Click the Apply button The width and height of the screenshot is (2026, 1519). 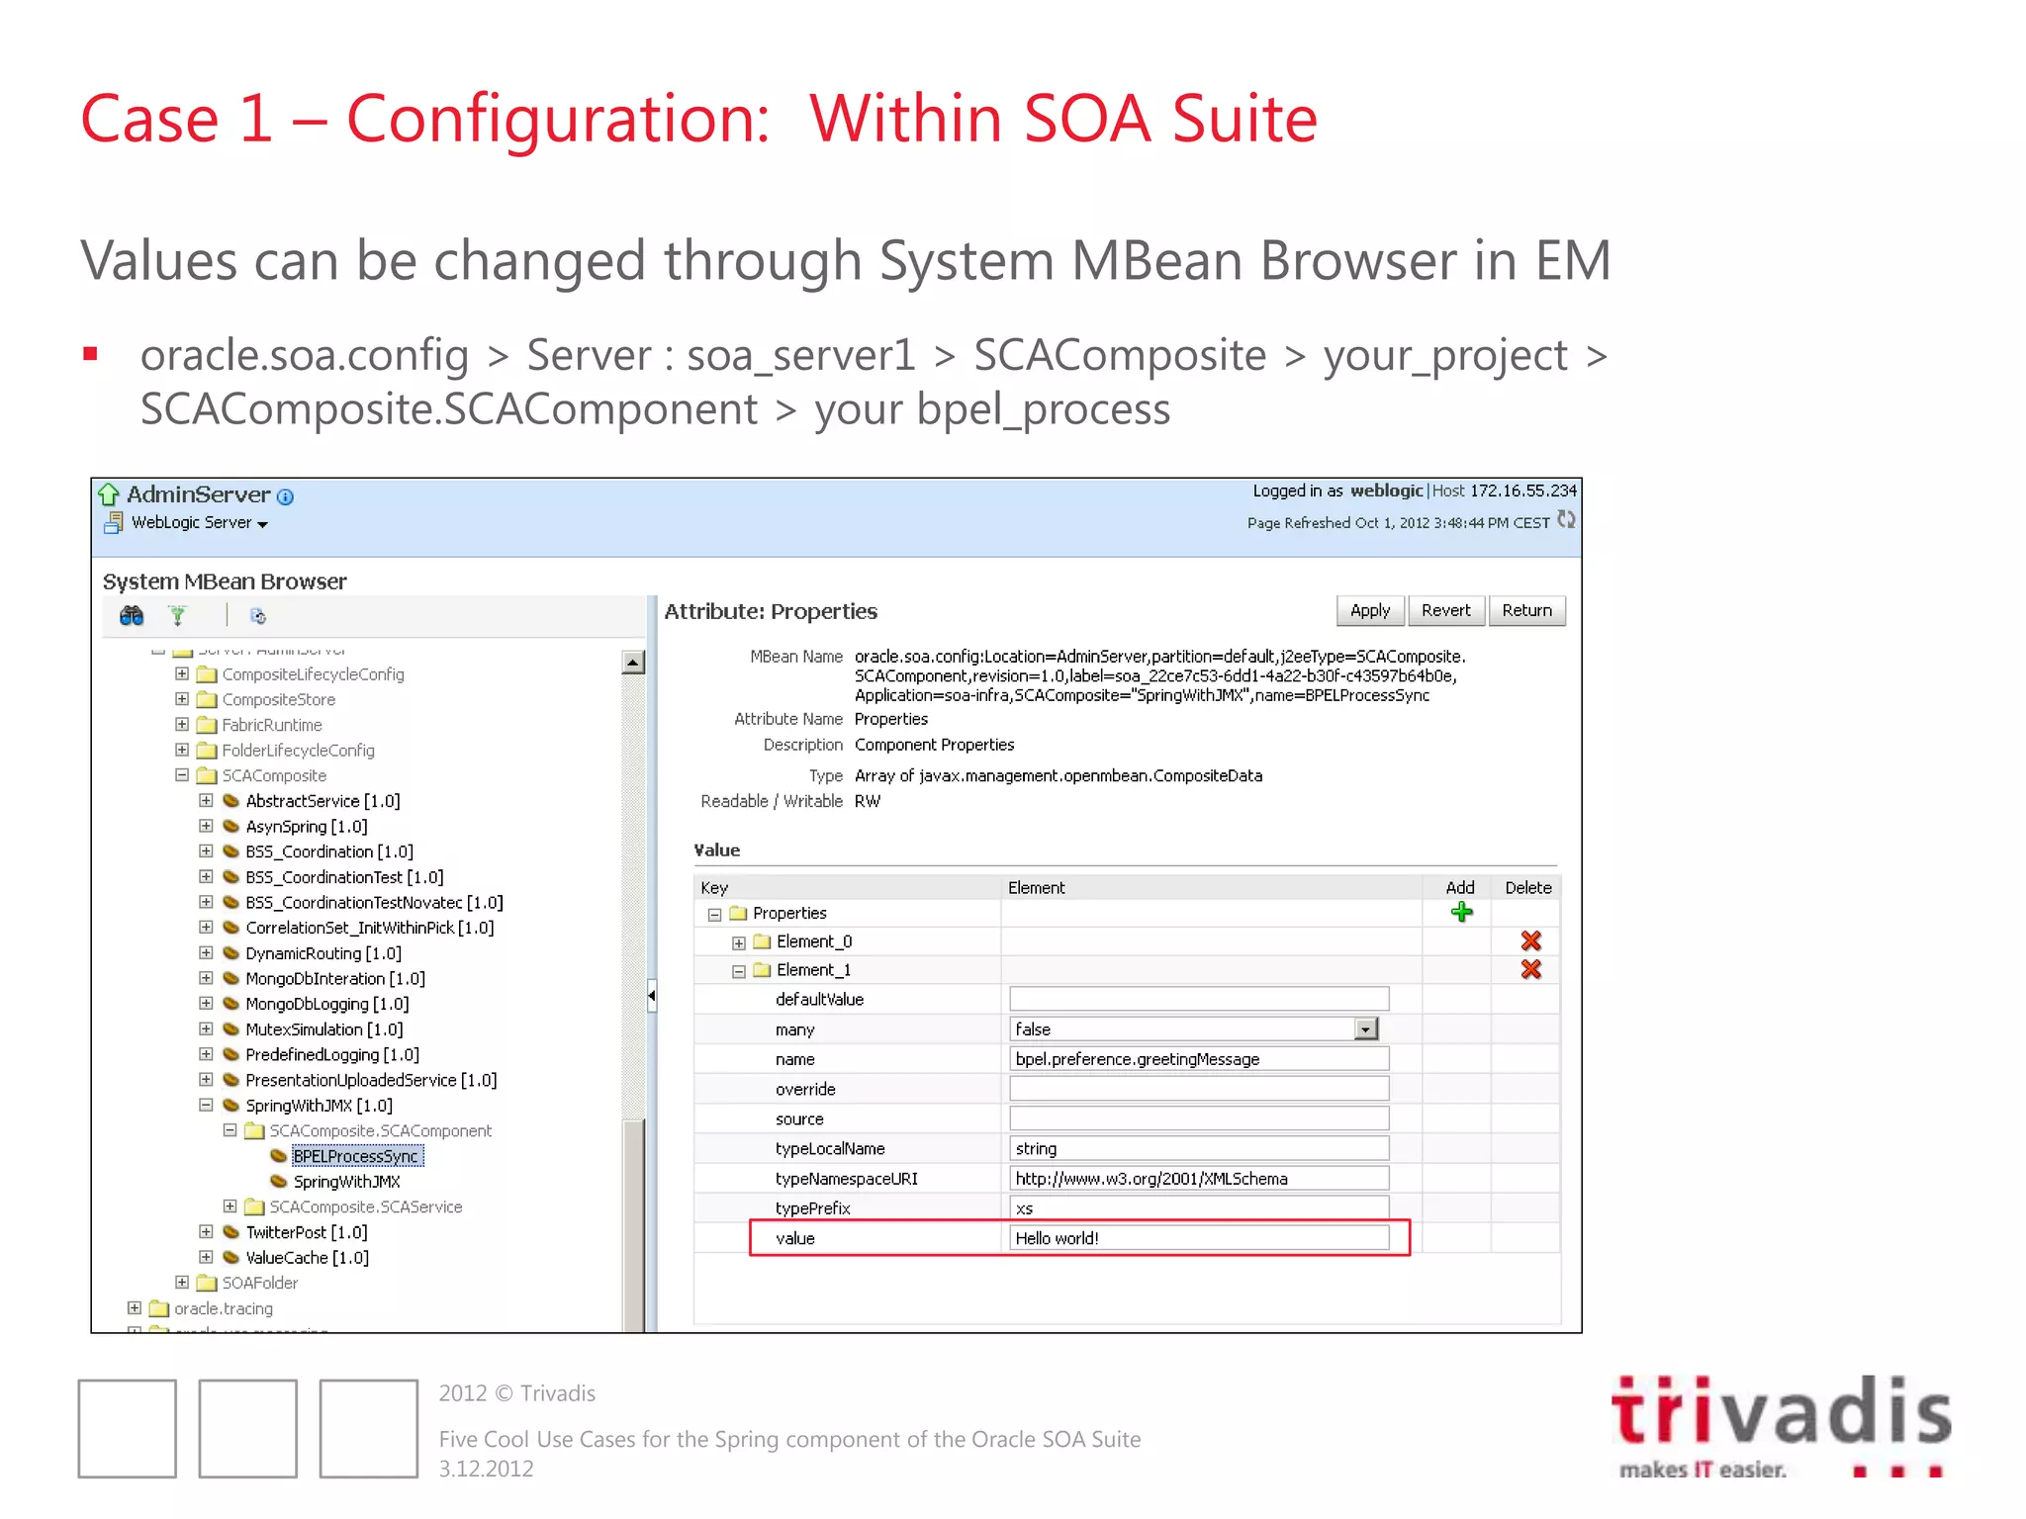pyautogui.click(x=1369, y=611)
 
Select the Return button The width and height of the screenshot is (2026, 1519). pyautogui.click(x=1526, y=611)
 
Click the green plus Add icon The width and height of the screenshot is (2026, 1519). pyautogui.click(x=1461, y=913)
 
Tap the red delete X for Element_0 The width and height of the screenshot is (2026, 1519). pyautogui.click(x=1530, y=941)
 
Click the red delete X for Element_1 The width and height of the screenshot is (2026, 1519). pyautogui.click(x=1530, y=970)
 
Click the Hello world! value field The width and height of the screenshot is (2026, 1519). pyautogui.click(x=1199, y=1238)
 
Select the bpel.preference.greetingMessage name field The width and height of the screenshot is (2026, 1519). pyautogui.click(x=1199, y=1059)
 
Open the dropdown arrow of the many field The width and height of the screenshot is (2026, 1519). pyautogui.click(x=1366, y=1029)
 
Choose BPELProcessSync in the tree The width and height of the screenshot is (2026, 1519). pyautogui.click(x=356, y=1156)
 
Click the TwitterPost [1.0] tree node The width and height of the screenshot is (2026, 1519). pyautogui.click(x=306, y=1232)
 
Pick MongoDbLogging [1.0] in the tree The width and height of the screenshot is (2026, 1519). pyautogui.click(x=326, y=1004)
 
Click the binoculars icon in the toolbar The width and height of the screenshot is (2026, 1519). pyautogui.click(x=132, y=616)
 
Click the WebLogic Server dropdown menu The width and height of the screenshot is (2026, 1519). pyautogui.click(x=200, y=523)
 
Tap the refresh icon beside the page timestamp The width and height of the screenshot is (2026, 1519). pyautogui.click(x=1566, y=520)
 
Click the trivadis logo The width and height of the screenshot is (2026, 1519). pyautogui.click(x=1781, y=1424)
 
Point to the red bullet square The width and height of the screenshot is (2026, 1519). pyautogui.click(x=91, y=354)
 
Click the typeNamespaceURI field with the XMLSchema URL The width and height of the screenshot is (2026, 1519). pyautogui.click(x=1199, y=1179)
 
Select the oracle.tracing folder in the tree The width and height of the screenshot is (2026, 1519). pyautogui.click(x=224, y=1308)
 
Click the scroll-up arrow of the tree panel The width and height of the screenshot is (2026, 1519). pyautogui.click(x=633, y=663)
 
